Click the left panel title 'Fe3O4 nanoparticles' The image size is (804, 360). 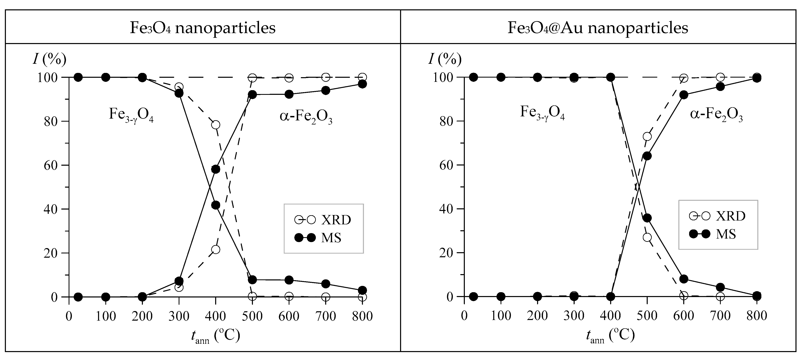click(203, 28)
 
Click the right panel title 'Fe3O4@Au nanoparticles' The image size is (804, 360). click(598, 28)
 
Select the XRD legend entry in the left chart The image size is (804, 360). click(323, 220)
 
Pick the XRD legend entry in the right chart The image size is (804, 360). click(717, 216)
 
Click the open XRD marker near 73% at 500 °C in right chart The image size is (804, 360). click(647, 136)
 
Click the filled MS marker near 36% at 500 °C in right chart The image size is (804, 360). click(647, 218)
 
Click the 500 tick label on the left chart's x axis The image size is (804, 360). click(252, 316)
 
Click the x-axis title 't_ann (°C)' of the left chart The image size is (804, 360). click(215, 336)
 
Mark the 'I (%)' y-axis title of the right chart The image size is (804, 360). click(445, 59)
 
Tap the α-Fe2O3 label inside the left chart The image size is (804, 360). click(306, 117)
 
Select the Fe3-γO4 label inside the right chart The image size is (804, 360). click(542, 113)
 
